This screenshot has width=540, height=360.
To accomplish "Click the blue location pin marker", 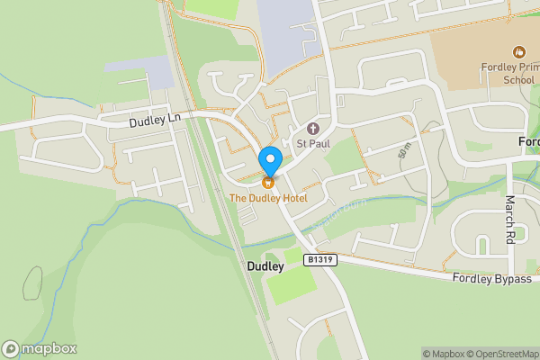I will point(269,161).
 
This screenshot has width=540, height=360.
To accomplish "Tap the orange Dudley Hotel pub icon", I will point(268,183).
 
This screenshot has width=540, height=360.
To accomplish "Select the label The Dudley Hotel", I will point(268,197).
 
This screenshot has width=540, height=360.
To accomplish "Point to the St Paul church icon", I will point(313,128).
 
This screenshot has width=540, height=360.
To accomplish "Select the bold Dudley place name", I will point(265,267).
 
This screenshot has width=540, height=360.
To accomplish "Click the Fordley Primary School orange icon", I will point(518,52).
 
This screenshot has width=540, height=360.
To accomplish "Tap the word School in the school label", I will point(518,80).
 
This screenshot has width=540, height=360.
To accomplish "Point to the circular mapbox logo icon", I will point(11,348).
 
